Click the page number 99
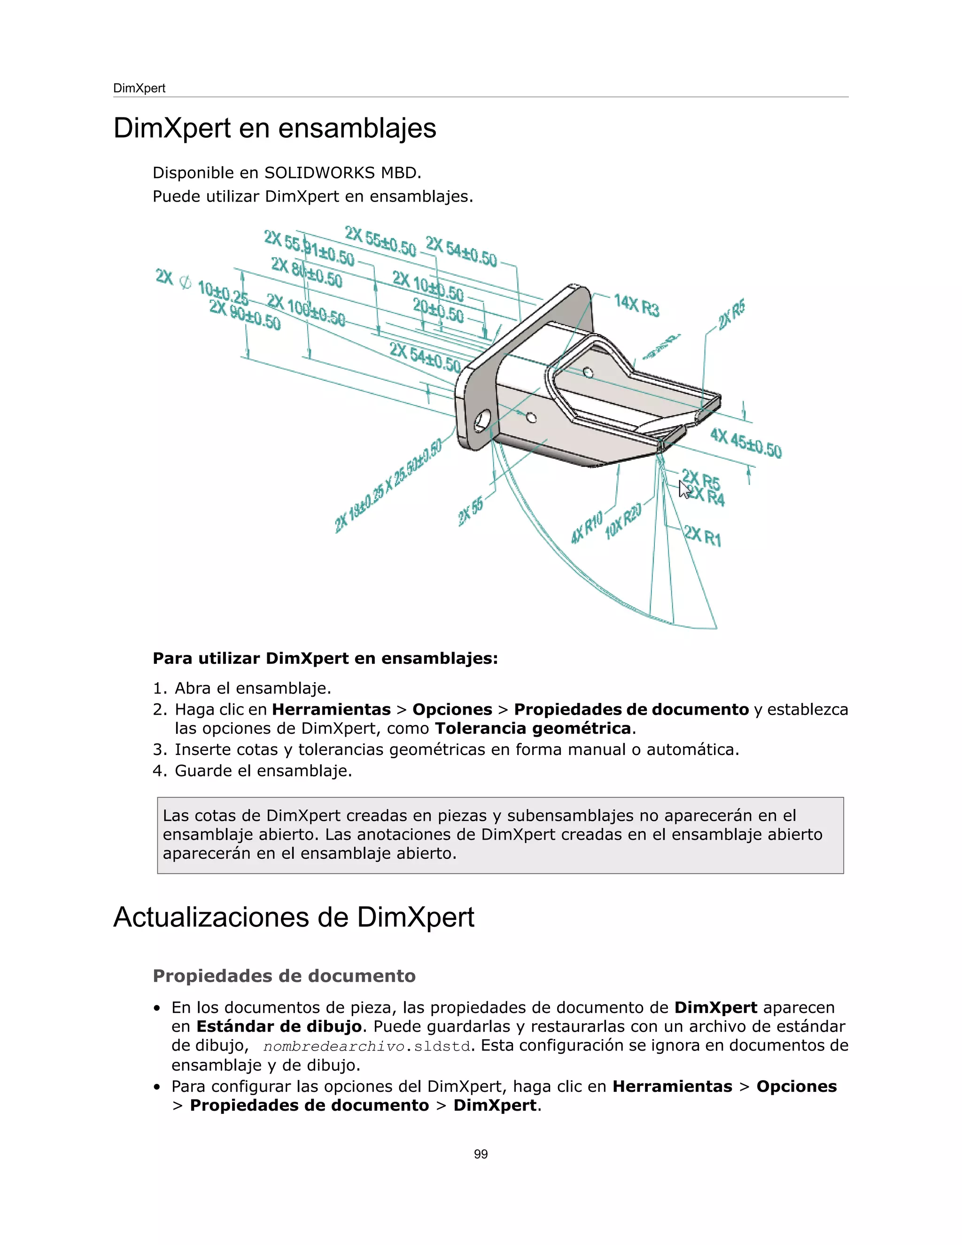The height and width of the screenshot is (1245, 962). click(x=481, y=1154)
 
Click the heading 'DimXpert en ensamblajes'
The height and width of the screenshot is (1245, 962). click(x=275, y=128)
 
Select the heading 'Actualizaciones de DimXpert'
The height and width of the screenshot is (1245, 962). click(x=294, y=917)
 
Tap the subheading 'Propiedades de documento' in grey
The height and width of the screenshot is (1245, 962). click(x=284, y=976)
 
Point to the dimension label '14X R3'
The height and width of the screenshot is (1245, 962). click(x=636, y=305)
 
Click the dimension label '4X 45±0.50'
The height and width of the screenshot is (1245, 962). click(x=745, y=443)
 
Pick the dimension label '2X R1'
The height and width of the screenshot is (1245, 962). click(x=703, y=536)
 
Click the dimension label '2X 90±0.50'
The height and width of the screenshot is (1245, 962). click(x=245, y=315)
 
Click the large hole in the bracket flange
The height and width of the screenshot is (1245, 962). click(x=481, y=420)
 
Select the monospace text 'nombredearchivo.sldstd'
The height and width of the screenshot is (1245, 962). click(x=367, y=1047)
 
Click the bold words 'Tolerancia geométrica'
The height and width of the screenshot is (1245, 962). click(x=533, y=729)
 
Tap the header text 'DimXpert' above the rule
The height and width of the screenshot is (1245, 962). click(x=139, y=88)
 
